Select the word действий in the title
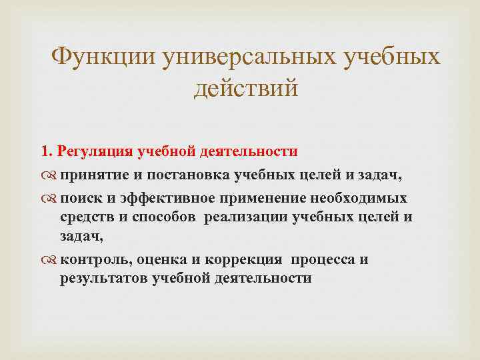coord(246,87)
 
